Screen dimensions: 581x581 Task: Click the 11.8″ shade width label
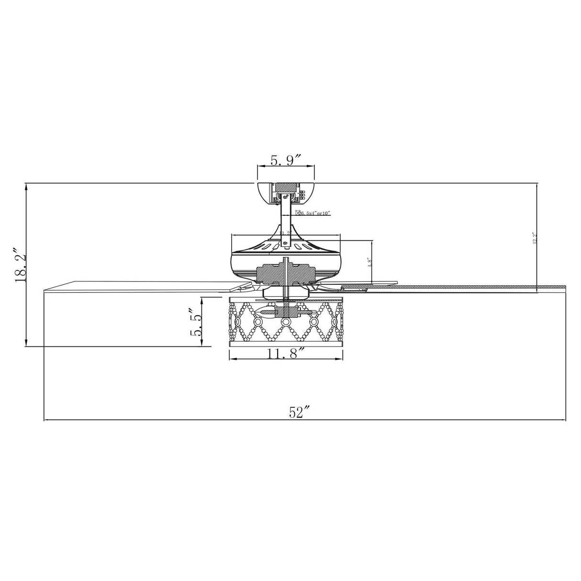286,354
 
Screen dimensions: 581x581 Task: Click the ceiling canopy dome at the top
285,192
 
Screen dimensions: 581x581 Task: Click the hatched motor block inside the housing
285,273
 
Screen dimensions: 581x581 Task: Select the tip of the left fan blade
48,288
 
